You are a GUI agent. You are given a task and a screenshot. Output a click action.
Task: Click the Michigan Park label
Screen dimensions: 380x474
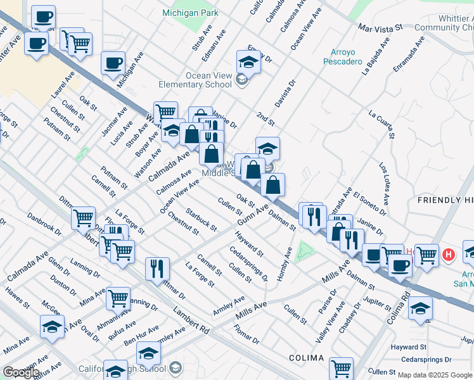(190, 13)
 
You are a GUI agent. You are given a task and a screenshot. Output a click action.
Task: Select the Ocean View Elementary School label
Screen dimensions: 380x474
(208, 80)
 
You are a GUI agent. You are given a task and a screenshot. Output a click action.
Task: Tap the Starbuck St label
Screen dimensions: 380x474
(202, 219)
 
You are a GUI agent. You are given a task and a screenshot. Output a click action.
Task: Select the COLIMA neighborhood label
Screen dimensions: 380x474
(307, 358)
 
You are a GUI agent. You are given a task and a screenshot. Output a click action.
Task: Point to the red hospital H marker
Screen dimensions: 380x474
(449, 255)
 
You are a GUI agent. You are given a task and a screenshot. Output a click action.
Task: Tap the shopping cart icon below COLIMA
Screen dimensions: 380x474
(341, 367)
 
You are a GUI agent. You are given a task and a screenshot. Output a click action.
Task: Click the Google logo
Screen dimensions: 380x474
(22, 372)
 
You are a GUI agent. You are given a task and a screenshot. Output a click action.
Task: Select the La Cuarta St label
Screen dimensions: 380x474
(381, 124)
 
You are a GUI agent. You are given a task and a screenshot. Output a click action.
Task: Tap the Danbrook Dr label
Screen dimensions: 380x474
(44, 225)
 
